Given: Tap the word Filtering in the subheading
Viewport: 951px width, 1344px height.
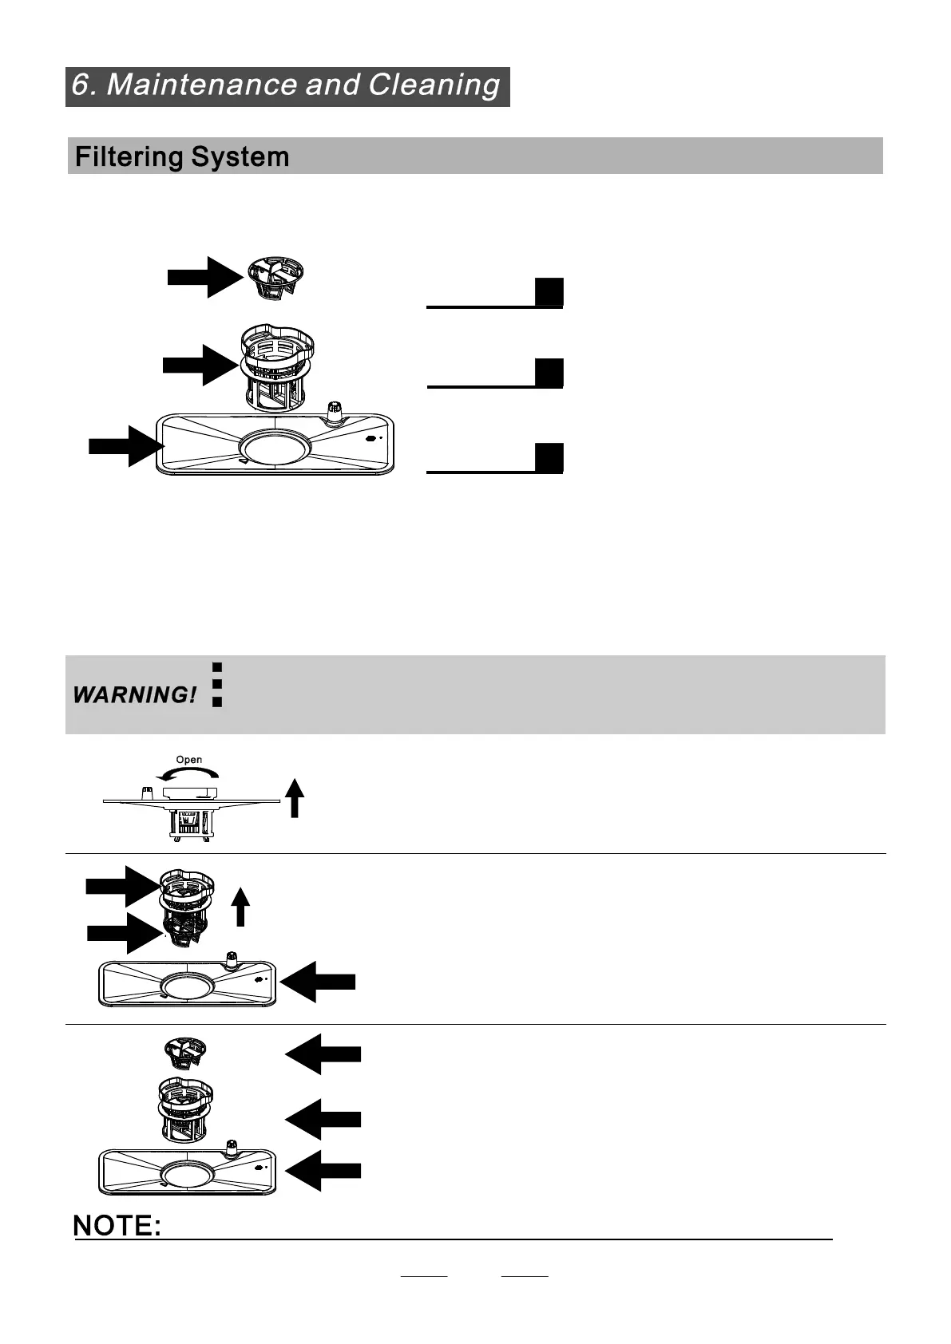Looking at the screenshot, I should click(x=129, y=156).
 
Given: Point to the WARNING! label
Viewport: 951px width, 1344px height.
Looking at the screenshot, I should click(x=134, y=695).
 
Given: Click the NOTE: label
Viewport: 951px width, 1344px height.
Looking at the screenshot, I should click(x=117, y=1226).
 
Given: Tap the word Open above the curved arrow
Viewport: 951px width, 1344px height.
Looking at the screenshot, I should click(x=189, y=760).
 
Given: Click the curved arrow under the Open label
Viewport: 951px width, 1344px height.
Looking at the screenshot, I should click(x=188, y=773).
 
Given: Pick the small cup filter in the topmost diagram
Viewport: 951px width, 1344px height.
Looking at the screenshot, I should click(x=275, y=278).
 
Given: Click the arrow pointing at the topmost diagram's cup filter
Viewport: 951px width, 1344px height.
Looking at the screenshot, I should click(x=204, y=277).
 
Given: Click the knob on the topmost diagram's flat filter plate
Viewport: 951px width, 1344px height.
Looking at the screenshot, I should click(x=334, y=412).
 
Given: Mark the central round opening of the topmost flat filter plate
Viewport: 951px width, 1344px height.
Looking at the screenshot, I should click(x=275, y=447).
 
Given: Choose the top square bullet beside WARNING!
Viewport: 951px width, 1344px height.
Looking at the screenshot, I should click(x=216, y=666).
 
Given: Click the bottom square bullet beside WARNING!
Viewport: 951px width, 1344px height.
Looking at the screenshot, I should click(x=216, y=702).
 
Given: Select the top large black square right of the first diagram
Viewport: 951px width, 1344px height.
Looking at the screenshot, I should click(x=549, y=292).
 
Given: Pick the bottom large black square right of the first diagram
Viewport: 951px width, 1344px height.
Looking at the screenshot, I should click(x=549, y=457).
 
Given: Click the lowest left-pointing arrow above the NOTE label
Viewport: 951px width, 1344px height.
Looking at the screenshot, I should click(x=323, y=1171).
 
